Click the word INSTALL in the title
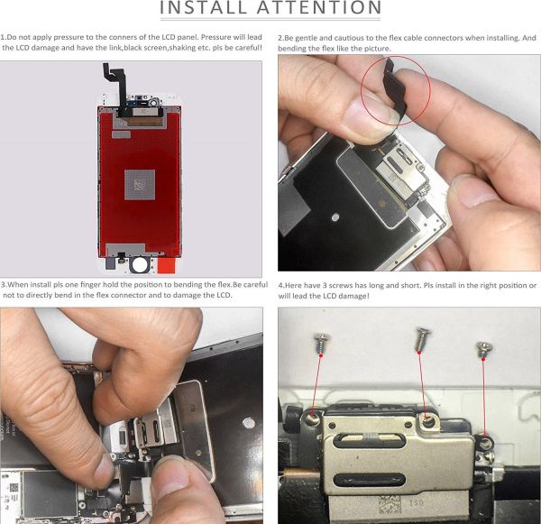(205, 7)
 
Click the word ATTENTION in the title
(319, 7)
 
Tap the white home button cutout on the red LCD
(140, 265)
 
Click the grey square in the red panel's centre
(140, 184)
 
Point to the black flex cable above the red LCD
(116, 87)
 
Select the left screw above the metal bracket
(321, 342)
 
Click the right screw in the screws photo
(484, 349)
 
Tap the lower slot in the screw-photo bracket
(370, 479)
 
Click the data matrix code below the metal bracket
(390, 504)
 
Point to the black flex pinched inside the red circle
(395, 91)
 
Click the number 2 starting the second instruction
(280, 38)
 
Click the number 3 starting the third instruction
(3, 285)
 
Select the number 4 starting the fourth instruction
(280, 286)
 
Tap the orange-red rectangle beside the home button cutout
(167, 266)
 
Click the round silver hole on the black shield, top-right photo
(335, 217)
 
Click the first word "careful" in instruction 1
(248, 48)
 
